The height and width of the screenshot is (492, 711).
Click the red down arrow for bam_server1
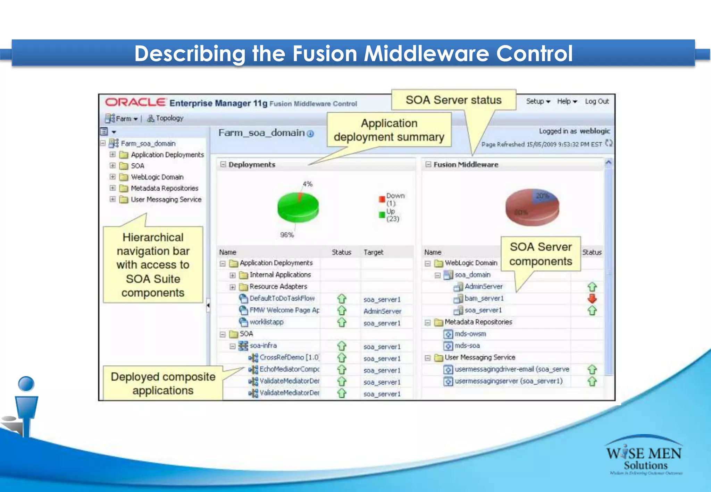coord(592,298)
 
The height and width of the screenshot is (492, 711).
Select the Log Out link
coord(597,101)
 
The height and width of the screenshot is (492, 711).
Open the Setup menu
coord(538,101)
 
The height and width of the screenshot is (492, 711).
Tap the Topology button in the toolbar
coord(165,118)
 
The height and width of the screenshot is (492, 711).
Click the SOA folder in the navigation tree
coord(137,166)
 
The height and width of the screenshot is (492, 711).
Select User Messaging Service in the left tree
coord(166,200)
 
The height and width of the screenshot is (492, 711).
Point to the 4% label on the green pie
coord(308,184)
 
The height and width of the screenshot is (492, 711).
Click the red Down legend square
coord(382,199)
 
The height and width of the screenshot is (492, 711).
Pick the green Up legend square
coord(382,215)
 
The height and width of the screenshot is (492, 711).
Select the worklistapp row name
coord(266,322)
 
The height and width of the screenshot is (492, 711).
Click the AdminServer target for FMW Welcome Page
coord(382,311)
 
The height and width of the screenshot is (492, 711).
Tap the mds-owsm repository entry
coord(470,334)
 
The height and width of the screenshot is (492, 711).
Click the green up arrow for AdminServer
coord(592,287)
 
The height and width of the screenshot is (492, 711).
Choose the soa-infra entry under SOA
coord(263,346)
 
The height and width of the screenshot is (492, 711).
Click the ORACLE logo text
coord(135,102)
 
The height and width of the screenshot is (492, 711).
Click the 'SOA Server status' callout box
coord(453,100)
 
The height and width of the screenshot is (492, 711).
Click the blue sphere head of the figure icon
coord(26,384)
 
